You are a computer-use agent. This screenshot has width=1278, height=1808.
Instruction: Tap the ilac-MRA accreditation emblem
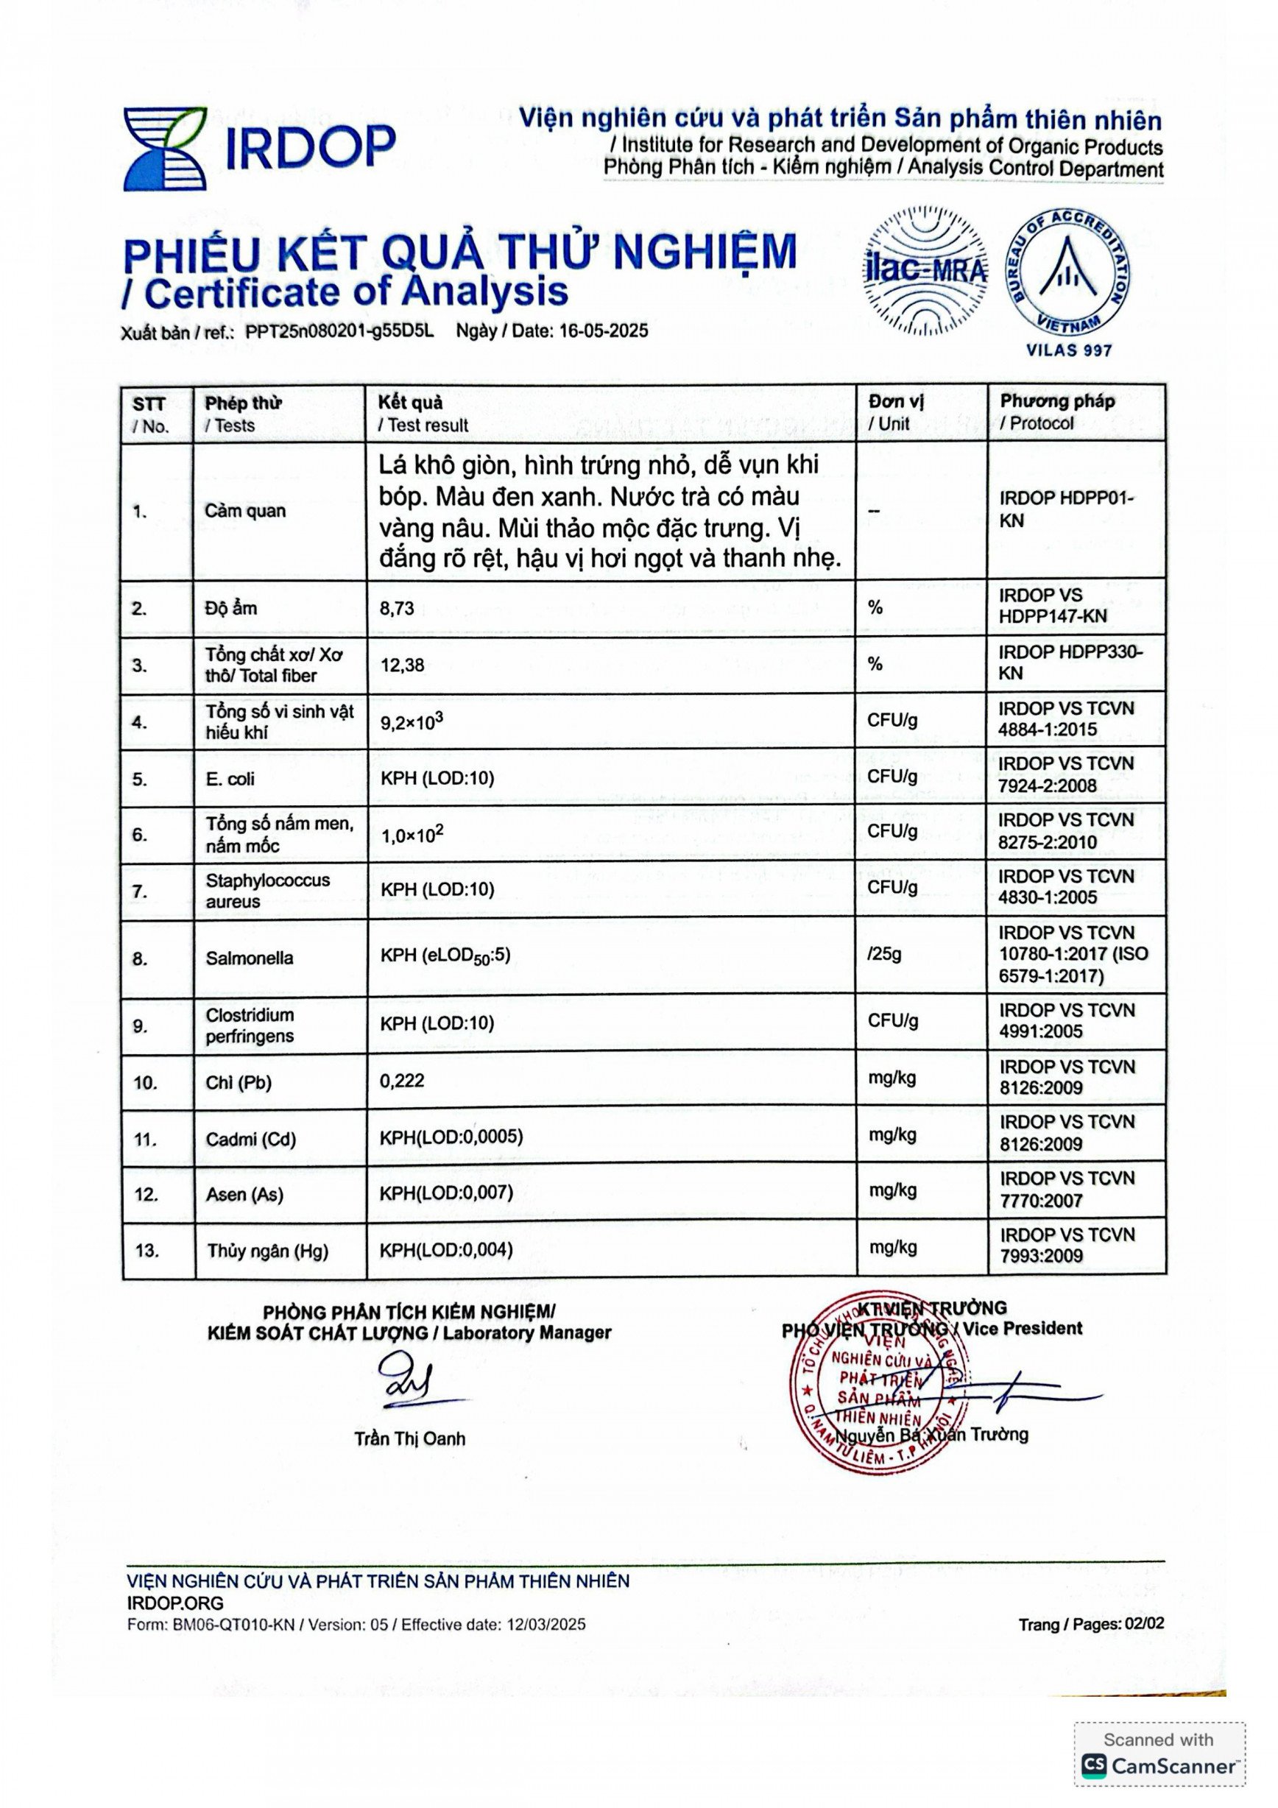click(926, 269)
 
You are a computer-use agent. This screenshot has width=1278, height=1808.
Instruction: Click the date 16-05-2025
click(604, 331)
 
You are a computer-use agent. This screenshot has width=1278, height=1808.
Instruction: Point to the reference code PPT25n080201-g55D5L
click(339, 331)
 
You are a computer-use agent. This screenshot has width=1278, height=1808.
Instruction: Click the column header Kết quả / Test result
click(422, 414)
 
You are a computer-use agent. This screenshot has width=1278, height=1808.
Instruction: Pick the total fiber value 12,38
click(403, 665)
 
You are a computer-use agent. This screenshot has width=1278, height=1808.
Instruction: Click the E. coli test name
click(230, 779)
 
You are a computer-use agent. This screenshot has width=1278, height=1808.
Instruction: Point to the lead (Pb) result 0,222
click(403, 1081)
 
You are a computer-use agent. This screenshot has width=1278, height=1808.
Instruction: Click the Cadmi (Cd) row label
click(250, 1139)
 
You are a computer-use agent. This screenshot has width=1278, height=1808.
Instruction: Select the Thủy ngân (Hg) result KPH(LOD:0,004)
click(445, 1250)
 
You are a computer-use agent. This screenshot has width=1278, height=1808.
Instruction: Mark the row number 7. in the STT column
click(139, 891)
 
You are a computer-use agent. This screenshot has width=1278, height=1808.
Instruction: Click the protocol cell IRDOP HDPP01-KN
click(1066, 509)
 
